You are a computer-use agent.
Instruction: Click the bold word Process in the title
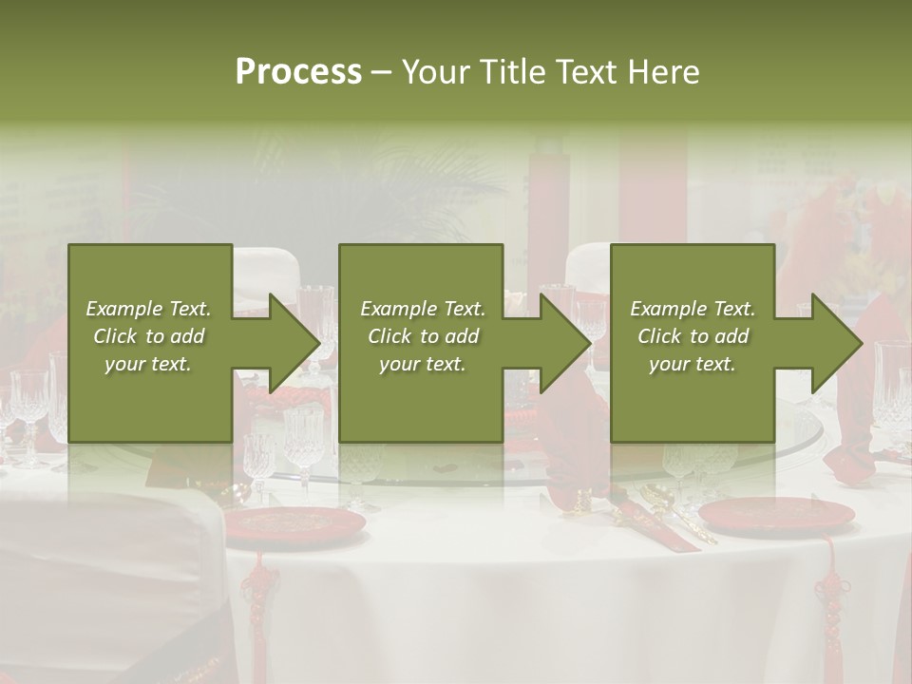pos(298,72)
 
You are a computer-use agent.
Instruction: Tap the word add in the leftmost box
pos(186,336)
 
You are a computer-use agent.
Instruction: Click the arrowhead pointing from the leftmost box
pos(294,343)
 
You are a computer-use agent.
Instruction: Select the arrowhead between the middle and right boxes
pos(565,343)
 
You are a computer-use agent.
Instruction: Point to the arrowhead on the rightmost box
pos(837,343)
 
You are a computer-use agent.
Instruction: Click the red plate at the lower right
pos(776,514)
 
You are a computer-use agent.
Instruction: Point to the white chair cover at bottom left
pos(104,570)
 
